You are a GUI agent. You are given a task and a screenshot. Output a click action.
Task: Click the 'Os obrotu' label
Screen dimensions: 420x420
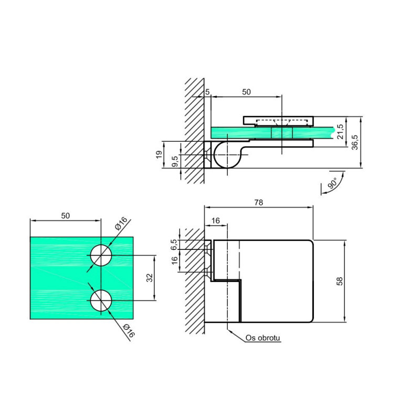pos(262,338)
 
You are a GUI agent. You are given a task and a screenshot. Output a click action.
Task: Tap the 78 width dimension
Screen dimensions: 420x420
pos(259,203)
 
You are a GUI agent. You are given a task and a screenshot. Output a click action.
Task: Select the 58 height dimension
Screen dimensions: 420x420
pos(339,281)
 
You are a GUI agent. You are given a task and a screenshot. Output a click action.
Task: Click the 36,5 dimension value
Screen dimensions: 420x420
pos(354,142)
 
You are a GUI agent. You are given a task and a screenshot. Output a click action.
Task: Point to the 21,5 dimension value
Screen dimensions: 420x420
pos(340,132)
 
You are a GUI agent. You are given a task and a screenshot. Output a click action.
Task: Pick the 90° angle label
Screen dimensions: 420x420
pos(332,183)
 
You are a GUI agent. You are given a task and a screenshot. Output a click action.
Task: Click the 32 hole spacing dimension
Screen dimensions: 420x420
pos(150,278)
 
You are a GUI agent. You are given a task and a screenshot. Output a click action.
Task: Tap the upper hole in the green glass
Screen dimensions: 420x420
pos(101,255)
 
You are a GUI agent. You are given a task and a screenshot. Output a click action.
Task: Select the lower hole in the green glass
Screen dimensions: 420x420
pos(101,300)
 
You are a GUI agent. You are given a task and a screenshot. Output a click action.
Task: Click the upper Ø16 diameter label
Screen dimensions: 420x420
pos(121,224)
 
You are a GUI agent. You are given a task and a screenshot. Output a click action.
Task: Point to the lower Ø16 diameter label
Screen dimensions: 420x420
pos(129,331)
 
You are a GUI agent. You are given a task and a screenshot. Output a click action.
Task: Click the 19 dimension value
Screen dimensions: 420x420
pos(159,154)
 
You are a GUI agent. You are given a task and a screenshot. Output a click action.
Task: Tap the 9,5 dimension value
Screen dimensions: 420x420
pos(175,162)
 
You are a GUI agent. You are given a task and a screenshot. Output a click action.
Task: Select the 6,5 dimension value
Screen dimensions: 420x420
pos(174,245)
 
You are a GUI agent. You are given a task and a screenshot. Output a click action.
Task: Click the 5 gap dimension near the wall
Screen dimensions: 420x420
pos(207,92)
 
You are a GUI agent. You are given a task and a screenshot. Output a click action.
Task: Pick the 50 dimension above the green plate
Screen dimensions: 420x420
pos(65,216)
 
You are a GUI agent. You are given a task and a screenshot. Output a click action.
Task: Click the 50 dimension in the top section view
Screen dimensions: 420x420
pos(246,92)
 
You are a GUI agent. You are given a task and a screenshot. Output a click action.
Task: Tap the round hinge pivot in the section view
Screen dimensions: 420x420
pos(227,154)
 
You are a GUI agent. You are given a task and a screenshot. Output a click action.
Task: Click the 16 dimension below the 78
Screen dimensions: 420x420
pos(216,220)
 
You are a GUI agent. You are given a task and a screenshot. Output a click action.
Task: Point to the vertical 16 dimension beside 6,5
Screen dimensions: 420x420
pos(175,260)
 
